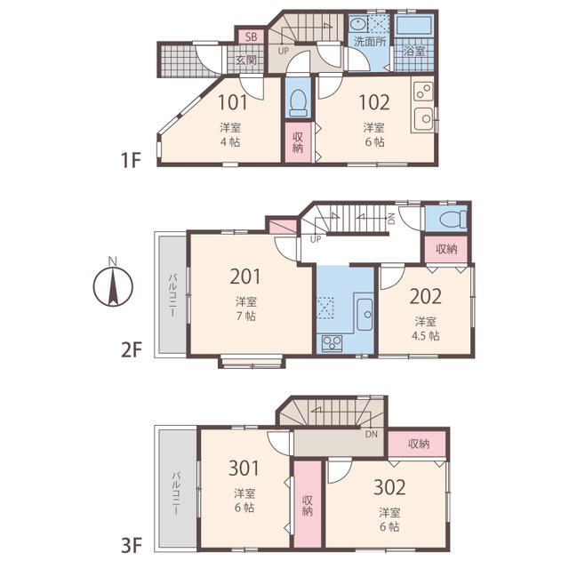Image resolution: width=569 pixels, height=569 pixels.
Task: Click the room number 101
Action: tap(233, 102)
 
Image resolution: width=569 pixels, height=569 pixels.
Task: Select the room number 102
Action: tap(374, 102)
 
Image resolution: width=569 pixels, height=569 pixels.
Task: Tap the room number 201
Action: tap(245, 276)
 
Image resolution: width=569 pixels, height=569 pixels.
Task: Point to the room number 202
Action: tap(425, 296)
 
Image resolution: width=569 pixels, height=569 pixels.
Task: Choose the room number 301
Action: tap(244, 468)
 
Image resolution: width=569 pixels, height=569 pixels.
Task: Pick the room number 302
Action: tap(389, 487)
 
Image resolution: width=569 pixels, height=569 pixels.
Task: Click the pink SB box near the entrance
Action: tap(251, 36)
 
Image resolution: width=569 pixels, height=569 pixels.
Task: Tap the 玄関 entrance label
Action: tap(246, 60)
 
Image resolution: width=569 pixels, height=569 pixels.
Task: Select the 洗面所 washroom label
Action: tap(370, 42)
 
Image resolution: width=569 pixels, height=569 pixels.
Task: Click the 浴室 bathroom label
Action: tap(414, 51)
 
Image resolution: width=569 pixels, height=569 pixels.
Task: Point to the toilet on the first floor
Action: tap(299, 103)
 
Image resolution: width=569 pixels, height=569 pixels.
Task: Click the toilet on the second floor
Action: tap(453, 220)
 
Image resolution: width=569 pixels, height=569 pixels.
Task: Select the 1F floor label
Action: tap(131, 160)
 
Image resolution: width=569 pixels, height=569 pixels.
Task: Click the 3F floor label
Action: tap(131, 545)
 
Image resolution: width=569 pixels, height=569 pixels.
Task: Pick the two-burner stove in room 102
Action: tap(423, 91)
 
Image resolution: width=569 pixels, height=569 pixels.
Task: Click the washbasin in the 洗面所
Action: tap(358, 25)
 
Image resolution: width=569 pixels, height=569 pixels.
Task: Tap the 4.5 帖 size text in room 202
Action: tap(425, 335)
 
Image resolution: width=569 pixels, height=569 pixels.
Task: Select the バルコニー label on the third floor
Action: tap(176, 493)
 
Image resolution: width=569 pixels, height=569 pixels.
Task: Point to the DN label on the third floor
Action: tap(372, 434)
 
